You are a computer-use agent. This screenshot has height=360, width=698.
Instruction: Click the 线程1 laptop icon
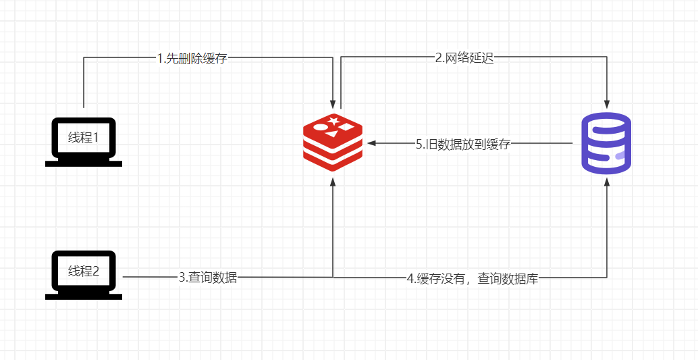click(84, 142)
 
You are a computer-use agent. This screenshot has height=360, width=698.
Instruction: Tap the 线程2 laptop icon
click(84, 276)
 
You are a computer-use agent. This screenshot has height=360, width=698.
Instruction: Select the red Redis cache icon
click(333, 143)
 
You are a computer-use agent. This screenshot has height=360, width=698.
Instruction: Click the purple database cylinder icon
click(606, 143)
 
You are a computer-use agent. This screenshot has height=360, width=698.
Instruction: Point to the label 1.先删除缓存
click(193, 58)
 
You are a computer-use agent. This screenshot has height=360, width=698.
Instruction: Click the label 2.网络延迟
click(464, 58)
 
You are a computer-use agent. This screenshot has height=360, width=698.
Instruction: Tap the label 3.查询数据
click(208, 278)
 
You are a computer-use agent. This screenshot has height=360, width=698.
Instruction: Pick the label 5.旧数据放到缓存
click(463, 145)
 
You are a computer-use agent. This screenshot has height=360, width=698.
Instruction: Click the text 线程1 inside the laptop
click(83, 137)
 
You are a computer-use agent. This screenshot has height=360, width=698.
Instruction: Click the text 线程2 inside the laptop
click(83, 271)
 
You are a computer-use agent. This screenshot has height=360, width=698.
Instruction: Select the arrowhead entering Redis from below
click(333, 182)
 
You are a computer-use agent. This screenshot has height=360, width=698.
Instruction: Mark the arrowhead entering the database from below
click(606, 182)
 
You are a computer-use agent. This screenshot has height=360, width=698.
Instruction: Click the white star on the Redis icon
click(333, 120)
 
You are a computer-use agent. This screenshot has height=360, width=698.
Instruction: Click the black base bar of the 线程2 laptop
click(84, 297)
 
